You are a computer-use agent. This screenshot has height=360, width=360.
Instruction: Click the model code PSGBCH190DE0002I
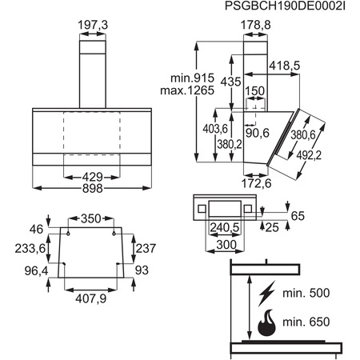coord(285,6)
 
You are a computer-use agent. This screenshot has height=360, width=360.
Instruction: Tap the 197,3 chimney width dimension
coord(93,25)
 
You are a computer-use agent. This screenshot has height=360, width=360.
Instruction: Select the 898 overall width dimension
coord(93,188)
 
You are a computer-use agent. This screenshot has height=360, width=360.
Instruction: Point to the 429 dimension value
coord(93,177)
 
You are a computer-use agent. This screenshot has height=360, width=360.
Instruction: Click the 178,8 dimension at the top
coord(256,25)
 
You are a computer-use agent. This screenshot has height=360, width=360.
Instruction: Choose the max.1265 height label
coord(187,90)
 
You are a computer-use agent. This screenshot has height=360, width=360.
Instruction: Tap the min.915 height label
coord(192,78)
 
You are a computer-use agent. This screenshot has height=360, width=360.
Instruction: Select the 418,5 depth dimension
coord(285,66)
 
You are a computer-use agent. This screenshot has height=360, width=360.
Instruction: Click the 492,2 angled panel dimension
coord(309,155)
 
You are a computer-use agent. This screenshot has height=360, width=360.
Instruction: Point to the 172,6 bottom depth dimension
coord(256,183)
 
